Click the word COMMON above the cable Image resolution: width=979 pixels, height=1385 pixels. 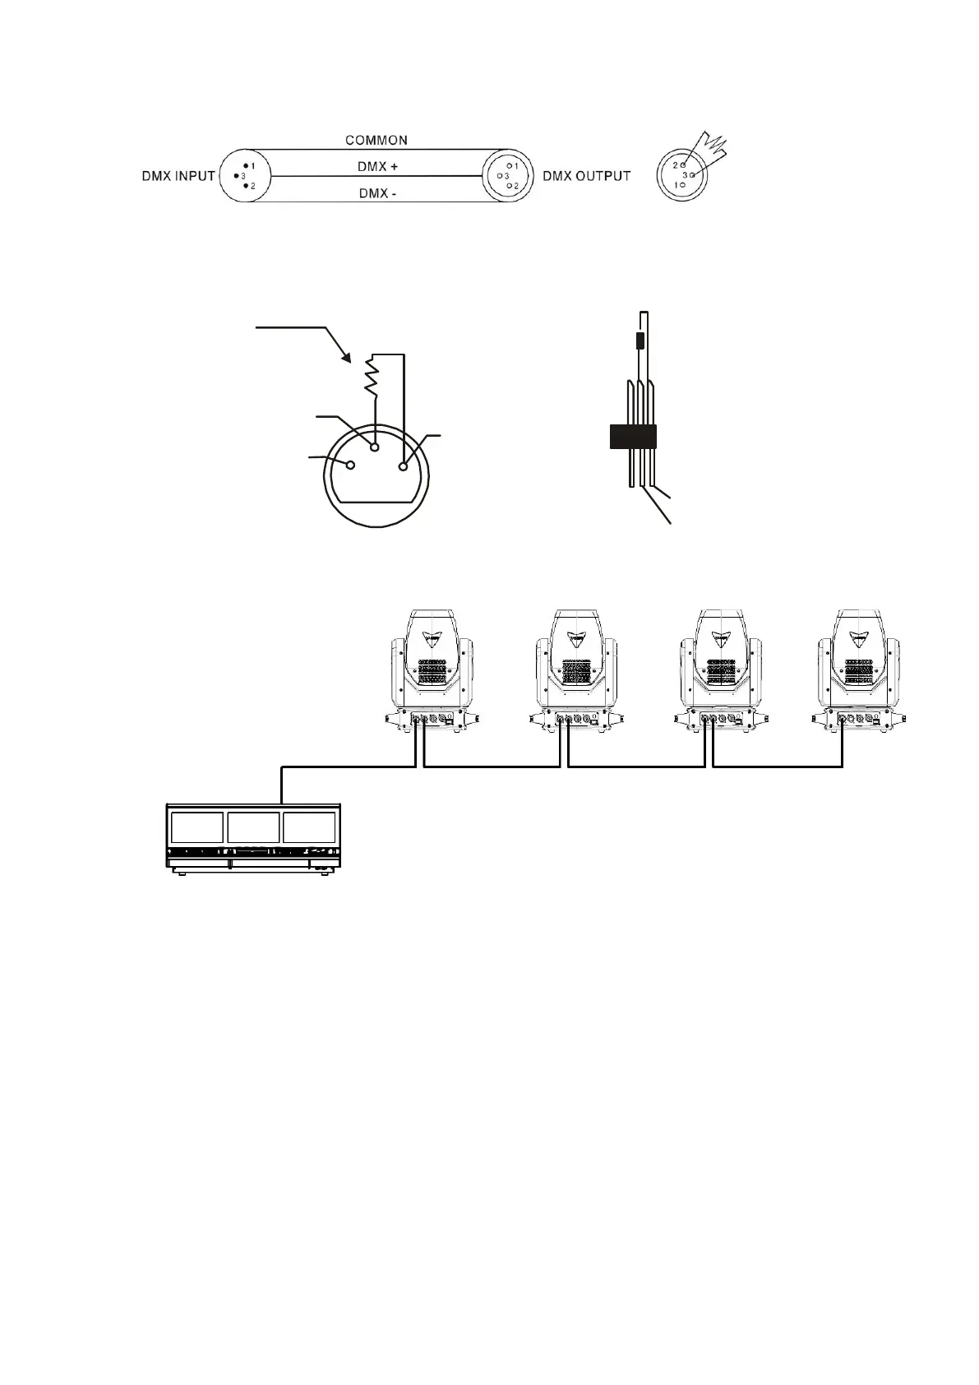click(376, 140)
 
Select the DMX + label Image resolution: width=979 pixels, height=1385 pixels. click(377, 166)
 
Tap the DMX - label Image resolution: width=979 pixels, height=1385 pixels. click(377, 193)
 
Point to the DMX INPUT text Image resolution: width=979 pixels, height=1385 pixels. click(178, 175)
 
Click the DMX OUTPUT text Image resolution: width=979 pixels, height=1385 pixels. click(586, 175)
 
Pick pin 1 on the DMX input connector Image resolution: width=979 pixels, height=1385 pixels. click(246, 166)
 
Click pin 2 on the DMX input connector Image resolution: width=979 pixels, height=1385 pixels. click(246, 187)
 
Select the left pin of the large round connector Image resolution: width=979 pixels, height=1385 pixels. click(350, 466)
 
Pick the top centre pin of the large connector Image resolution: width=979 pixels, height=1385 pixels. click(375, 447)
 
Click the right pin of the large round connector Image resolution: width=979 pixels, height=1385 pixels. click(403, 466)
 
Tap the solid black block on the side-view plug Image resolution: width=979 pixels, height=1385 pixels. click(633, 437)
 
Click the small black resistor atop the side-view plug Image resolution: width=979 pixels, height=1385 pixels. click(640, 341)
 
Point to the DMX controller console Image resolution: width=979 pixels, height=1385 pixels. click(253, 837)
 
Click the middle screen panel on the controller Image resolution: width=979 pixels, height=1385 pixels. click(253, 827)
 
